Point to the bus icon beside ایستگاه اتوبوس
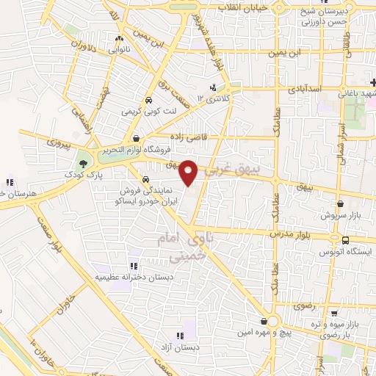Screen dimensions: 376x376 345,239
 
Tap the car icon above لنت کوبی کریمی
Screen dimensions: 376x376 149,101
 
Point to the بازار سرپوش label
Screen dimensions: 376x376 339,217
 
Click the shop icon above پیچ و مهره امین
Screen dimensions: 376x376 264,321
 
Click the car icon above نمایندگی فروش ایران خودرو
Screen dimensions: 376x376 145,180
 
